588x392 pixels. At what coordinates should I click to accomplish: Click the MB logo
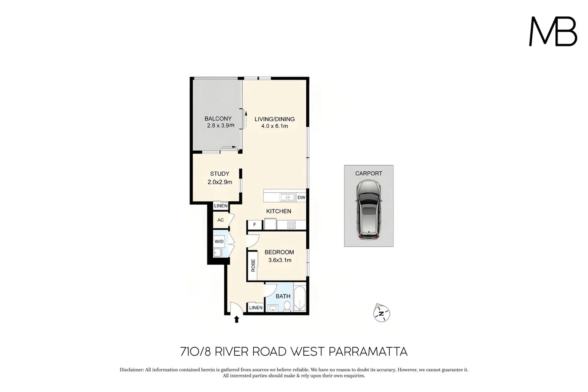coord(553,32)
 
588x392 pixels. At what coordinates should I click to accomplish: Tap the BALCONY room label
coord(218,119)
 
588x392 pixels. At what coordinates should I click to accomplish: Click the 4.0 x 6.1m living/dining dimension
coord(274,126)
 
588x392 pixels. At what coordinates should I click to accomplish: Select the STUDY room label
coord(220,174)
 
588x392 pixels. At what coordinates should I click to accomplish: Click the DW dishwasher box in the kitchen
coord(301,198)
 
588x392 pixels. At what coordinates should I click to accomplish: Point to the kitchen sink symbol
coord(287,197)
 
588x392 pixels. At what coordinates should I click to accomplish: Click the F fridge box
coord(255,225)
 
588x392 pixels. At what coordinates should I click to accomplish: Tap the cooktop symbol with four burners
coord(291,225)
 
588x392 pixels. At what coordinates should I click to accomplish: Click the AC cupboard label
coord(221,220)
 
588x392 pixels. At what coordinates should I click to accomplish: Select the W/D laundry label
coord(219,241)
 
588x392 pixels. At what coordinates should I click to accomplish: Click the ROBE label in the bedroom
coord(253,265)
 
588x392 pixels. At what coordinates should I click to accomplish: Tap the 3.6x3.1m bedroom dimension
coord(279,260)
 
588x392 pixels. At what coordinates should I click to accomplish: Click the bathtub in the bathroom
coord(300,300)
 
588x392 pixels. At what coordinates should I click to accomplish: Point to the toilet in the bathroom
coord(287,307)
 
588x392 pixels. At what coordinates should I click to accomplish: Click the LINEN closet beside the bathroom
coord(256,307)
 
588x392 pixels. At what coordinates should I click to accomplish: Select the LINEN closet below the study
coord(221,206)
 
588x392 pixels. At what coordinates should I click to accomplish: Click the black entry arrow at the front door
coord(237,319)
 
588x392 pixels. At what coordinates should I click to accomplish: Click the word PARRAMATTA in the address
coord(368,352)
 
